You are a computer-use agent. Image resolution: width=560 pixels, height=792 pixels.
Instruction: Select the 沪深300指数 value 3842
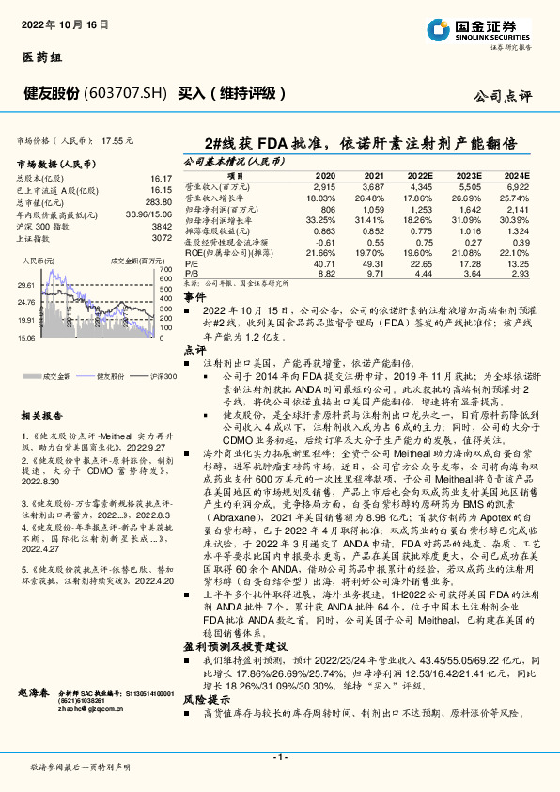point(163,227)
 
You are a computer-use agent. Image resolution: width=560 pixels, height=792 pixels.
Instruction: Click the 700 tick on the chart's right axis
point(166,270)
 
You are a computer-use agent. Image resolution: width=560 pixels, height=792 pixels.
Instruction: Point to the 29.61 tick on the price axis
point(25,284)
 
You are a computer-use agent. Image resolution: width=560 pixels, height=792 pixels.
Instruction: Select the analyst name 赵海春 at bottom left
point(33,693)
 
